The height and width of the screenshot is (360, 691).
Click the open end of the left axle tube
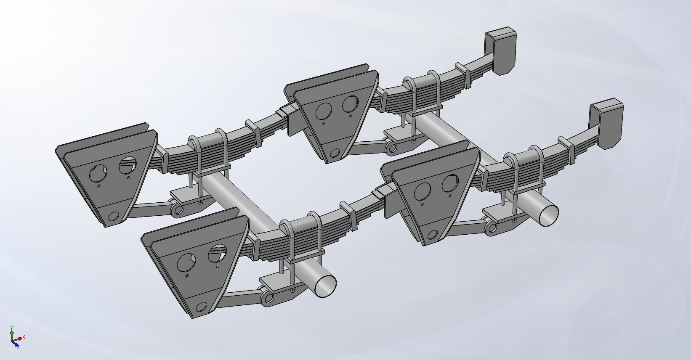tap(325, 286)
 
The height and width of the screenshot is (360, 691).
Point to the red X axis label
tap(24, 337)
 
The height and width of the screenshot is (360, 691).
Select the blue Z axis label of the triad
tap(18, 347)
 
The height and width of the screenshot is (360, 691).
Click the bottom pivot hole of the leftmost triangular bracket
tap(114, 217)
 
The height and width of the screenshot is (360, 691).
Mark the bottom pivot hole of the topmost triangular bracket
tap(335, 154)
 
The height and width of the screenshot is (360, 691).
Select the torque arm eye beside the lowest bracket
tap(267, 299)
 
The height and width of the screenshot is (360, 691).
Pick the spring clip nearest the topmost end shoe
tap(462, 71)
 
